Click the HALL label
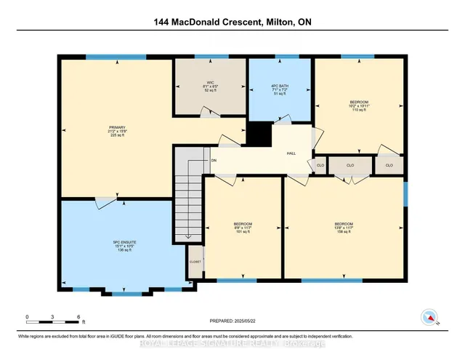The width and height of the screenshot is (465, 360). [291, 153]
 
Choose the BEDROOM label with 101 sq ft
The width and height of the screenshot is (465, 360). [243, 223]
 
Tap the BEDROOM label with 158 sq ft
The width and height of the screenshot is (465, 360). [344, 223]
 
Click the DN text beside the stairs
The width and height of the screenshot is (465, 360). [214, 160]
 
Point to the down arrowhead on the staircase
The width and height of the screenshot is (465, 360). [189, 236]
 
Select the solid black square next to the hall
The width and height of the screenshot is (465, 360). [259, 134]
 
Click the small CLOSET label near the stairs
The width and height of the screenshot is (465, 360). [195, 260]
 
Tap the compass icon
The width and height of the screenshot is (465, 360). [429, 317]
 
